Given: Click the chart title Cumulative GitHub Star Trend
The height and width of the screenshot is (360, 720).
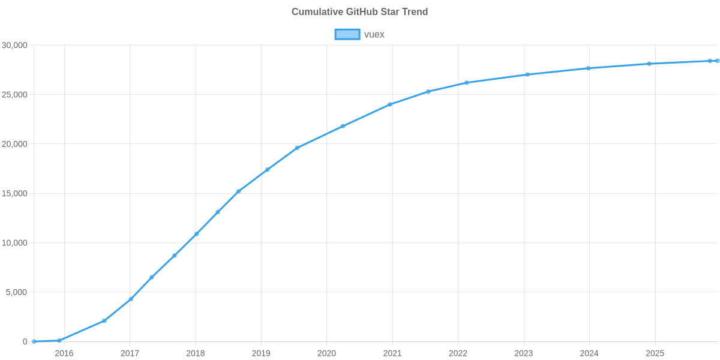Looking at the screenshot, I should pyautogui.click(x=359, y=12).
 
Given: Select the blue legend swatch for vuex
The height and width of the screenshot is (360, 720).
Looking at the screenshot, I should pyautogui.click(x=347, y=34).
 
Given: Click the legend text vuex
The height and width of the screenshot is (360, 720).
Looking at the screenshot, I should pyautogui.click(x=374, y=34).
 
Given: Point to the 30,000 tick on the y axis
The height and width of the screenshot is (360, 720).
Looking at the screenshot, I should pyautogui.click(x=15, y=46).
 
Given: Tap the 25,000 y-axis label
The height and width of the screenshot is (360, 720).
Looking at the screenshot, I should pyautogui.click(x=15, y=95).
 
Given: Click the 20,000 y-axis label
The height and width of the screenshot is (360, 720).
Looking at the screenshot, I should pyautogui.click(x=15, y=144).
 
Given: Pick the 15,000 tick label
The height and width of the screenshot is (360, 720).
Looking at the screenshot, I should pyautogui.click(x=15, y=194).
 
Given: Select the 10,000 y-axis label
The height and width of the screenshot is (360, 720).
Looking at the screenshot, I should pyautogui.click(x=15, y=243).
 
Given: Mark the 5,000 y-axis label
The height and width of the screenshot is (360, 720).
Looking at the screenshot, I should pyautogui.click(x=17, y=292).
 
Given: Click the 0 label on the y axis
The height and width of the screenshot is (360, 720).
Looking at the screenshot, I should pyautogui.click(x=25, y=341).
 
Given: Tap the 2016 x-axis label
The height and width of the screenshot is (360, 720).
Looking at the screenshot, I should pyautogui.click(x=64, y=353).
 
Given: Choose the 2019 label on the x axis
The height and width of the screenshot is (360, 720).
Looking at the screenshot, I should pyautogui.click(x=261, y=353).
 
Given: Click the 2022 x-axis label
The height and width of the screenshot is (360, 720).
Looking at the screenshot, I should pyautogui.click(x=458, y=353).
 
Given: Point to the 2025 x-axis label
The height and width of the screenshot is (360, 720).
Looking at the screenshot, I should pyautogui.click(x=655, y=353).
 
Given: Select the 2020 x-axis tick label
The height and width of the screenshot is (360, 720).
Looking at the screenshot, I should pyautogui.click(x=326, y=353).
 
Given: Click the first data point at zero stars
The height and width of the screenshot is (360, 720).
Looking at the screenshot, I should pyautogui.click(x=34, y=341).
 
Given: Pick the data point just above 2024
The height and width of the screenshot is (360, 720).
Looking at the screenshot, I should pyautogui.click(x=588, y=68).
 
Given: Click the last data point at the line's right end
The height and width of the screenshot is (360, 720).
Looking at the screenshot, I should pyautogui.click(x=718, y=61).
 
